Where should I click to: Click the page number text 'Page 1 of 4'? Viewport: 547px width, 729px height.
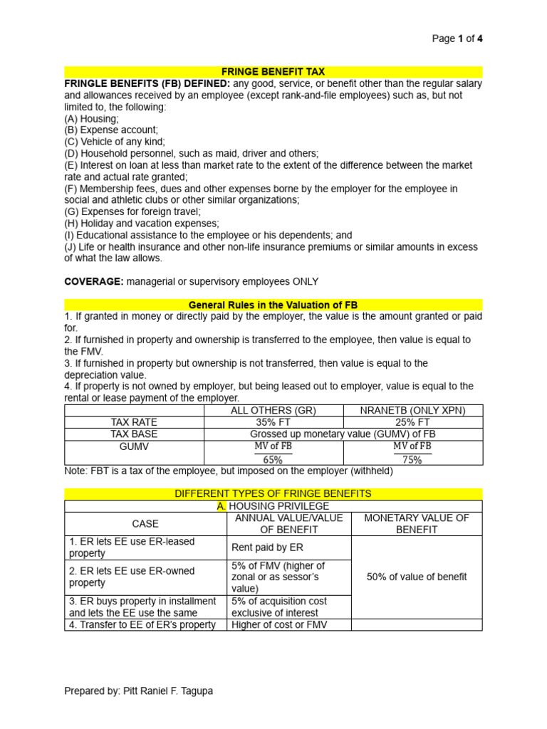point(457,38)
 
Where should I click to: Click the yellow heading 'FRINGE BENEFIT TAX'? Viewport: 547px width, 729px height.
point(273,72)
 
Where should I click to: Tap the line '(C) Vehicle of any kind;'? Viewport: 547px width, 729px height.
point(114,142)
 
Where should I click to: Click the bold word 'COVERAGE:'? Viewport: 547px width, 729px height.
point(94,281)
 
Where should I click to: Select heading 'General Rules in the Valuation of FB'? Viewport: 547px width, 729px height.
point(273,305)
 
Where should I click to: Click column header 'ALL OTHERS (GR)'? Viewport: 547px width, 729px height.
point(273,411)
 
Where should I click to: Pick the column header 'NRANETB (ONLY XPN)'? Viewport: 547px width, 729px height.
point(412,411)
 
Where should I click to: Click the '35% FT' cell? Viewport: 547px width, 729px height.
point(273,422)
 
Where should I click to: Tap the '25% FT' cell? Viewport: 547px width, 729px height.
point(412,422)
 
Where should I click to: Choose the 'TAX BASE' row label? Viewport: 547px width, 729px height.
point(134,434)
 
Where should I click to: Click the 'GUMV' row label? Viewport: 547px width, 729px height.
point(134,446)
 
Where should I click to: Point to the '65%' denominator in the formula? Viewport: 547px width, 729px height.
point(273,460)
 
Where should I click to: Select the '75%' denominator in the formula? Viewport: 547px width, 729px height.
point(412,460)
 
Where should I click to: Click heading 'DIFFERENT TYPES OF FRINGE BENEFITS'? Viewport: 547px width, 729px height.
point(273,493)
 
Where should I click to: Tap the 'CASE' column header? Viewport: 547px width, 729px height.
point(145,523)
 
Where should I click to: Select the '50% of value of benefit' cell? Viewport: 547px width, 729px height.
point(417,577)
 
